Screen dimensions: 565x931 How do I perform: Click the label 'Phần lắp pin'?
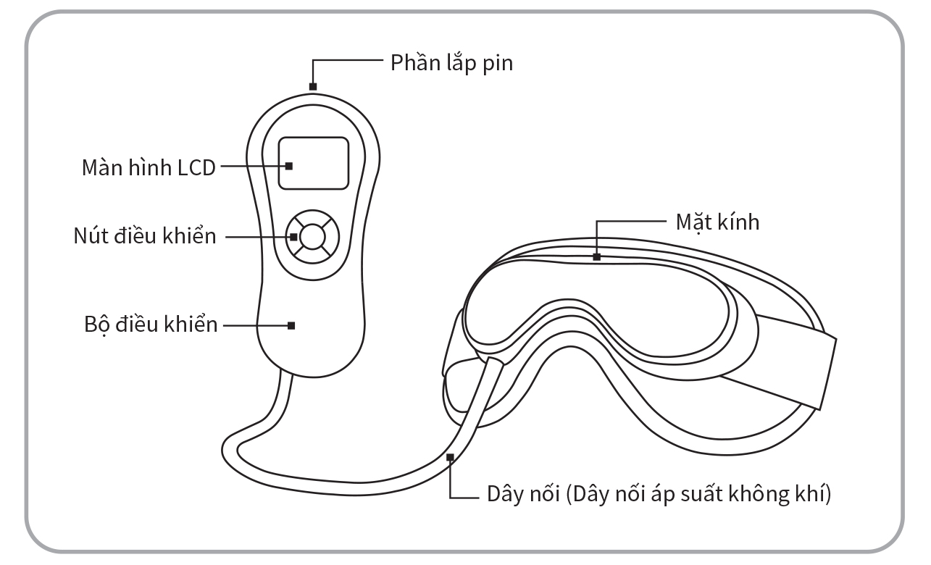[x=451, y=63]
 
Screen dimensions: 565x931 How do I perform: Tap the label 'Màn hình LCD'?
[x=148, y=167]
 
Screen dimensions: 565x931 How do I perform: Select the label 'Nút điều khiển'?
[x=145, y=236]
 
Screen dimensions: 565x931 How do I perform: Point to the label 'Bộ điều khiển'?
[x=150, y=324]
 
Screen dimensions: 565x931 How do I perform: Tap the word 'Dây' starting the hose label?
[x=499, y=497]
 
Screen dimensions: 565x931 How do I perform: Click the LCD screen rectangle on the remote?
[x=314, y=163]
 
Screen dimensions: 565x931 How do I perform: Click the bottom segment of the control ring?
[x=310, y=254]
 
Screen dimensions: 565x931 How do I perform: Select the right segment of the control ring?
[x=330, y=236]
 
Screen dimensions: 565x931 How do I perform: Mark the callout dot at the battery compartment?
[x=313, y=87]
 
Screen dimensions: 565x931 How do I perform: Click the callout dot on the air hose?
[x=451, y=456]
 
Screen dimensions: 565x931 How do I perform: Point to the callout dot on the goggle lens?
[x=596, y=256]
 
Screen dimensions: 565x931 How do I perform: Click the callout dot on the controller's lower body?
[x=291, y=325]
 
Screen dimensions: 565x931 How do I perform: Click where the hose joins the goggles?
[x=494, y=362]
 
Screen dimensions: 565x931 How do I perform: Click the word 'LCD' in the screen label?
[x=196, y=167]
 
